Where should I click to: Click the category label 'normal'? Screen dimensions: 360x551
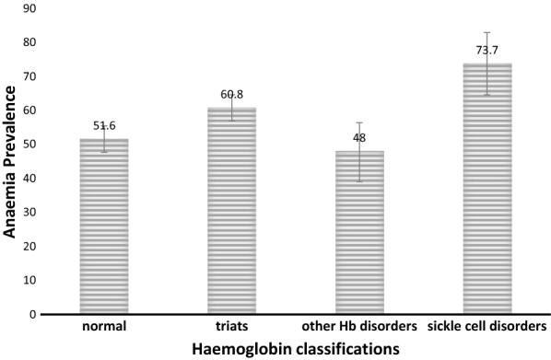pyautogui.click(x=104, y=326)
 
